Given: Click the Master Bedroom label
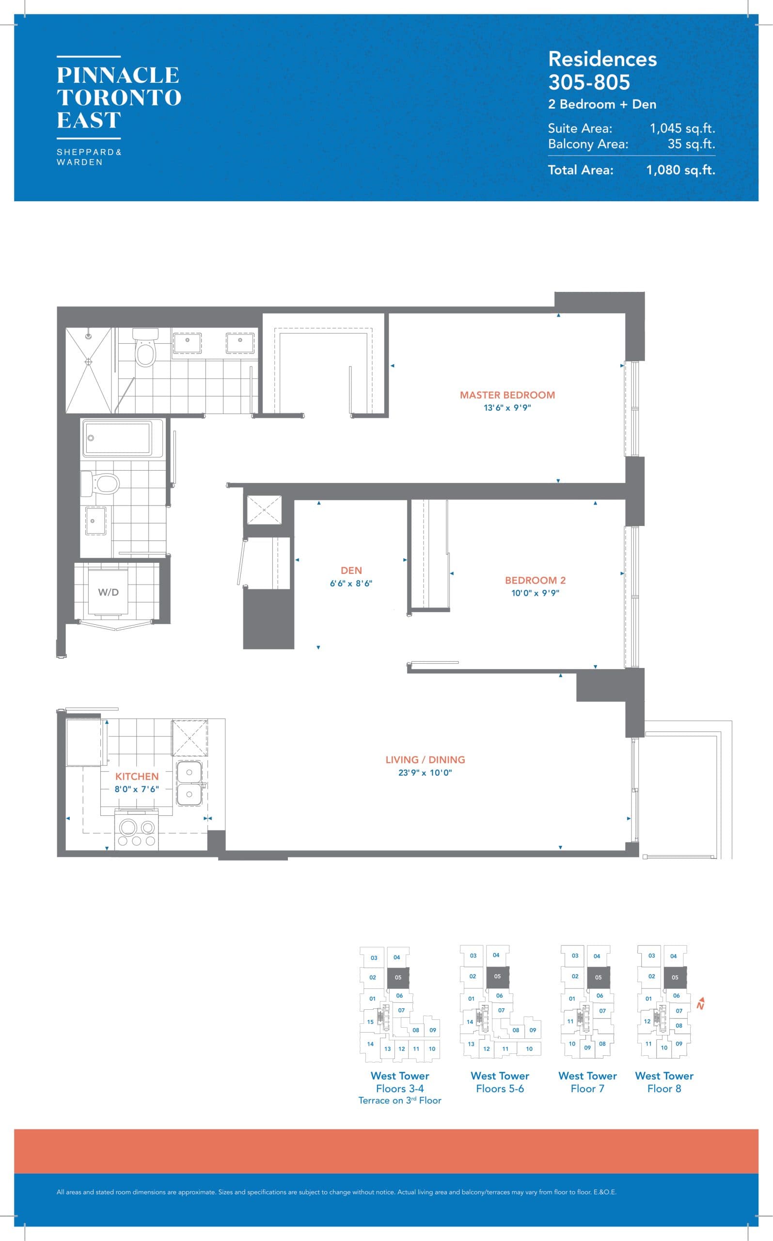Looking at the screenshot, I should (506, 395).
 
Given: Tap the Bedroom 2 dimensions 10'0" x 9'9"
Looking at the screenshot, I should (535, 593).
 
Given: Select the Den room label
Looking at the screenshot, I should (351, 570).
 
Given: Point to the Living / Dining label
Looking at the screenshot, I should (425, 760).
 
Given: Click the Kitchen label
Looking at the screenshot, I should (137, 776).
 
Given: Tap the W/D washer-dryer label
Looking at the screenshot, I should (109, 592).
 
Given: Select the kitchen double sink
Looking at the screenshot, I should (189, 783).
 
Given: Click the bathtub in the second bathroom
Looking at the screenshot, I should (118, 438).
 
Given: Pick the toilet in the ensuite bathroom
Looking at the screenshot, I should (145, 350).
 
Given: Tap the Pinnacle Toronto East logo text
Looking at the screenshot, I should (119, 97).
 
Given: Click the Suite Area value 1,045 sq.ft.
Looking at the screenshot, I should (682, 128).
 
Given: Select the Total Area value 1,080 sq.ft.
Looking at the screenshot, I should (680, 170).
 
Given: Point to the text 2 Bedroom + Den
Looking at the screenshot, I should (602, 104).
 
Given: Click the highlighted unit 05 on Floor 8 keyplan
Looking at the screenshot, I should (675, 977).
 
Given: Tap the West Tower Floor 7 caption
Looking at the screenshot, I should (587, 1082).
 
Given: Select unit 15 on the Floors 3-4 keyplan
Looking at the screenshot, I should (370, 1021).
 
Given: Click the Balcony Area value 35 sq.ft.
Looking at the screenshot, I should (691, 144).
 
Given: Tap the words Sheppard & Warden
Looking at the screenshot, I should (89, 157).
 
